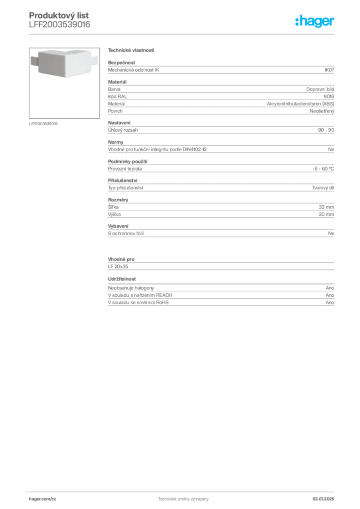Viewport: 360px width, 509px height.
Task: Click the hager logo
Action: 315,21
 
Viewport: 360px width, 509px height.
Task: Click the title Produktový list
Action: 59,15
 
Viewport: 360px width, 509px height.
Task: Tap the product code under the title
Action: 59,24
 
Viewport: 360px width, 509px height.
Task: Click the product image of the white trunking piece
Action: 64,63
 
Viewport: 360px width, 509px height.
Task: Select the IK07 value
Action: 329,70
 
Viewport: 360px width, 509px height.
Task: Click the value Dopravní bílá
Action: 320,89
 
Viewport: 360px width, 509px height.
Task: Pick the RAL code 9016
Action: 329,96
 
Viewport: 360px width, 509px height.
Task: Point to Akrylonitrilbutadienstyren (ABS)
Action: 300,104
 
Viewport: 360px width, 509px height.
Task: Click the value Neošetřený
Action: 322,111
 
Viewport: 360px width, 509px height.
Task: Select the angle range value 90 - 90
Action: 326,130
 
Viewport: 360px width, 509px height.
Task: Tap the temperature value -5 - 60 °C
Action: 323,169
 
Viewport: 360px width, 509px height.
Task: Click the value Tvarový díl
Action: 323,187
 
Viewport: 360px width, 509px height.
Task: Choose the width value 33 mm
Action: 326,207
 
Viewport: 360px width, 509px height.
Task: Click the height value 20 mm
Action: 326,214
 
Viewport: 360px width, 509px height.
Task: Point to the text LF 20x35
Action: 118,266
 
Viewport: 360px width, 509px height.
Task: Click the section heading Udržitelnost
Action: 122,279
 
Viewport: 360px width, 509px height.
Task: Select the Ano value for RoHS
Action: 330,303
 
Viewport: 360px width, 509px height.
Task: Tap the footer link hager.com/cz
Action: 43,499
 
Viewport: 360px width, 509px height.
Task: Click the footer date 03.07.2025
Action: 323,499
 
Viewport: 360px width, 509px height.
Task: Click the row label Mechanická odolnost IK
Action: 134,70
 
